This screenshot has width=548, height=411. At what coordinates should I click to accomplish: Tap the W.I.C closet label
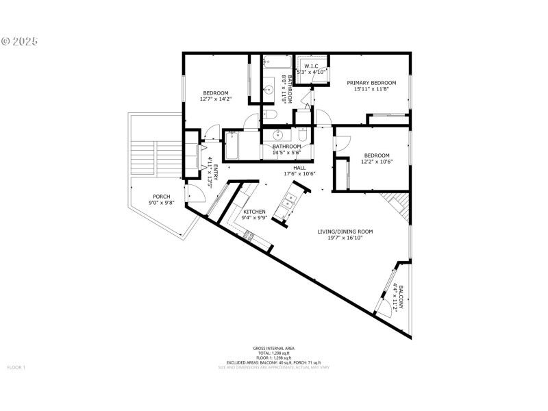click(311, 66)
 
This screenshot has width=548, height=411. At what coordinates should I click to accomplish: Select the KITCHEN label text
click(254, 212)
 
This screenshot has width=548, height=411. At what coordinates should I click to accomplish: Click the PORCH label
click(161, 197)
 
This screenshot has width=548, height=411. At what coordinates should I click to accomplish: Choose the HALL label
click(299, 168)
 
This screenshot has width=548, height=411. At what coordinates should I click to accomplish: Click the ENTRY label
click(215, 171)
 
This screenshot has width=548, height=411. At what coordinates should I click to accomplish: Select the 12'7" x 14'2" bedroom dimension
click(215, 99)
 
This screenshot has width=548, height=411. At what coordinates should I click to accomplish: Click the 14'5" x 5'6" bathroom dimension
click(286, 153)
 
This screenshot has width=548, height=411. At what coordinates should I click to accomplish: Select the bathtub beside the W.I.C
click(277, 63)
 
